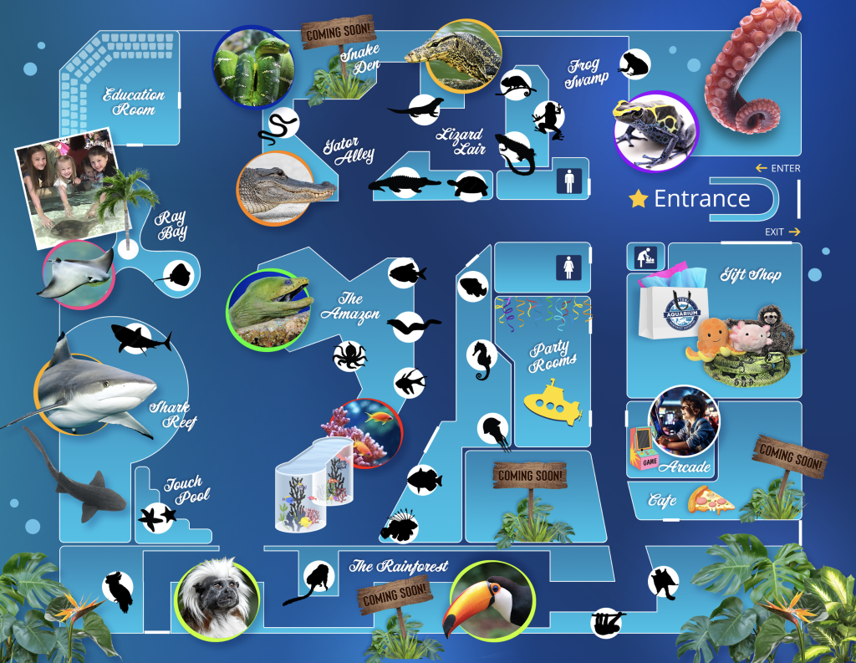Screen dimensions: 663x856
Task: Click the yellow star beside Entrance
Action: tap(639, 199)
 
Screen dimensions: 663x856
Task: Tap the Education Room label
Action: tap(134, 102)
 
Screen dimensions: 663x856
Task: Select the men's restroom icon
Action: tap(569, 181)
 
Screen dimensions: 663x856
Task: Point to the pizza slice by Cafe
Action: tap(710, 501)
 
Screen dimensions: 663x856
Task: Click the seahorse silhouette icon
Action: tap(481, 360)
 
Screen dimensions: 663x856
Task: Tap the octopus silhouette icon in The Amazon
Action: tap(349, 354)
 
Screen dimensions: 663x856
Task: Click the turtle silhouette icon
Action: tap(467, 185)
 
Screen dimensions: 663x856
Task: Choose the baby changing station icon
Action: tap(644, 258)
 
